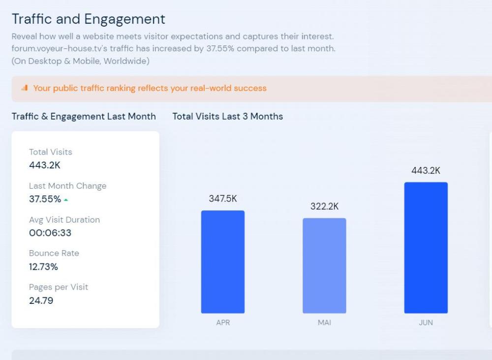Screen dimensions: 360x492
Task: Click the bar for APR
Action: click(222, 262)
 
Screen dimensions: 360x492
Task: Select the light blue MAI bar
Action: click(324, 266)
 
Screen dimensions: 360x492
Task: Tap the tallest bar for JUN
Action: click(426, 248)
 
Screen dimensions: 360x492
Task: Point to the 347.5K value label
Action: click(223, 198)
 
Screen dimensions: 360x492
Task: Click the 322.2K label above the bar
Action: click(324, 206)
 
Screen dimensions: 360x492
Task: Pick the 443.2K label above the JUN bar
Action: click(426, 171)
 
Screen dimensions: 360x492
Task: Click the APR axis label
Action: click(223, 323)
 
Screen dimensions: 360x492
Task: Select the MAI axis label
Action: click(324, 323)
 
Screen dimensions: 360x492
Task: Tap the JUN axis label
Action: click(426, 323)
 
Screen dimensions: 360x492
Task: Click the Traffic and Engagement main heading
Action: click(89, 19)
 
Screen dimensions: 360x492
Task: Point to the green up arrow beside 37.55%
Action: click(66, 200)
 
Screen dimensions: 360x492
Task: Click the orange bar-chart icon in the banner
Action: click(25, 88)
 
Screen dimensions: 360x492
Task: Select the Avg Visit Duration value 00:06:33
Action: click(50, 233)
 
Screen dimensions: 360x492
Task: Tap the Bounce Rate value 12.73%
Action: click(43, 267)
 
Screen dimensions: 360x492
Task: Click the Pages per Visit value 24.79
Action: click(41, 300)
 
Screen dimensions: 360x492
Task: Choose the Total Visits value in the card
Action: click(45, 165)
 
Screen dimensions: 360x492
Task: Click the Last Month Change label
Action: click(67, 186)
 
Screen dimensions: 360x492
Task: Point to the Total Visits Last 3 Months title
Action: click(227, 117)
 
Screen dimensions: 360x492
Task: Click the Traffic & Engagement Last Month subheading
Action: click(84, 117)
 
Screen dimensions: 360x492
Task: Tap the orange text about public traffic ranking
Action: click(150, 89)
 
